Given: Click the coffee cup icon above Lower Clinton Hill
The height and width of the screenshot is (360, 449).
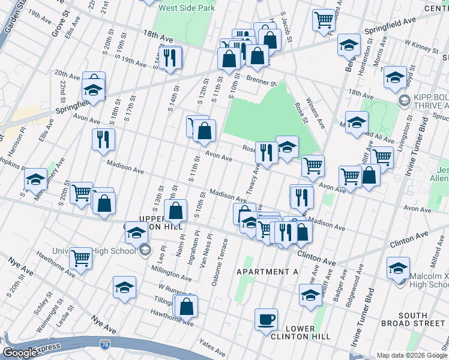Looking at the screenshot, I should [266, 319].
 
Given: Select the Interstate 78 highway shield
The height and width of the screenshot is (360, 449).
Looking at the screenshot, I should [105, 344].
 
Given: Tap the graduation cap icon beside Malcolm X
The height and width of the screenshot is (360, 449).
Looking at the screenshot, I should [398, 268].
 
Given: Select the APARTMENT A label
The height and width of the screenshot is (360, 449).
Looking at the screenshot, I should [267, 272].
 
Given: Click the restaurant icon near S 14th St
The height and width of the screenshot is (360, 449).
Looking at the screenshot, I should [170, 58].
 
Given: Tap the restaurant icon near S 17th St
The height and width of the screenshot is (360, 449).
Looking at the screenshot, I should [103, 139].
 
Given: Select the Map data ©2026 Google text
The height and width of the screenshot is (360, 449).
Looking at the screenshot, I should [411, 355].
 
